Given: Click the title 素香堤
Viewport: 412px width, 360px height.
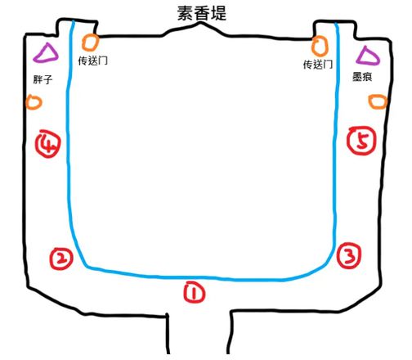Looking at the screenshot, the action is tap(202, 14).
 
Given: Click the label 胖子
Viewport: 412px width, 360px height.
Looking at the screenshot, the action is tap(43, 79).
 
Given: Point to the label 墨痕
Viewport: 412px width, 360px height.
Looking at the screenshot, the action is tap(362, 77).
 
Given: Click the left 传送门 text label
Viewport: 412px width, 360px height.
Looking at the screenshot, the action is tap(93, 61).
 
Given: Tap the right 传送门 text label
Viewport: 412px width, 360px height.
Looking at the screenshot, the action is tap(318, 65).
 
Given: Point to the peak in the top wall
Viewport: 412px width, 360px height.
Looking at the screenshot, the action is tap(201, 23).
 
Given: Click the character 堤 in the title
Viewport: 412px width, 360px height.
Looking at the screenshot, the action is tap(218, 14).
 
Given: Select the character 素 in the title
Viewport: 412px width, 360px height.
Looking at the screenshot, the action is tap(186, 14).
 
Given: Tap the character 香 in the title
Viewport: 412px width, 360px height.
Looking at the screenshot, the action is tap(202, 14).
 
